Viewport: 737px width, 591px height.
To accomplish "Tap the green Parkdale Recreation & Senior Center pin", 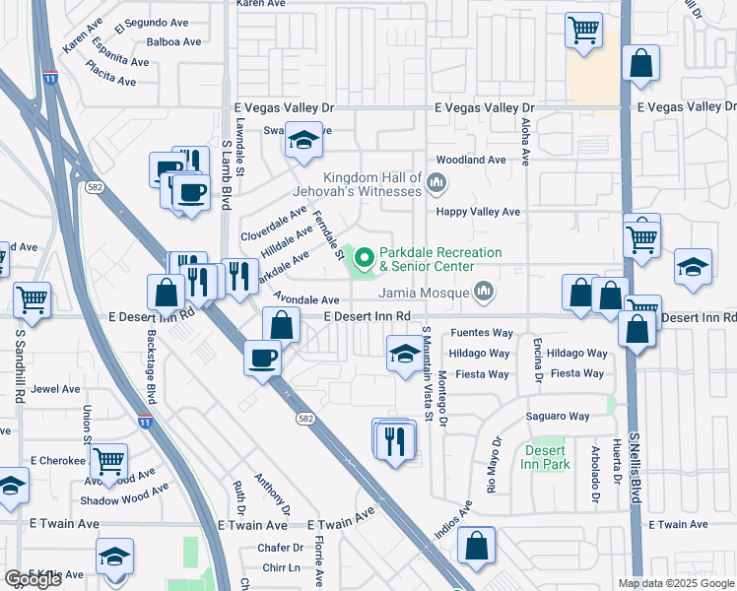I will [x=365, y=260].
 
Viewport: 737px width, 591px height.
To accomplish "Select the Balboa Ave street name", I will [x=173, y=42].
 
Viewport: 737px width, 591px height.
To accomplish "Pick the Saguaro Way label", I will [x=557, y=417].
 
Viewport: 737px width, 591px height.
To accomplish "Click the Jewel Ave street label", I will [x=55, y=389].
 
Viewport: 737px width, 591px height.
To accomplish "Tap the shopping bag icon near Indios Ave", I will [x=477, y=547].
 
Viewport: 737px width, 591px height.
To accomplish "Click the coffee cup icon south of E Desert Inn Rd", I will [x=262, y=358].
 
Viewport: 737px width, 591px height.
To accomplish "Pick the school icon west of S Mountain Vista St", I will [x=403, y=355].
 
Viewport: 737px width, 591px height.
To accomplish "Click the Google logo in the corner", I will [x=33, y=579].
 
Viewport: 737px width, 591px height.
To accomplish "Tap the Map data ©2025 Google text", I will [x=675, y=583].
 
